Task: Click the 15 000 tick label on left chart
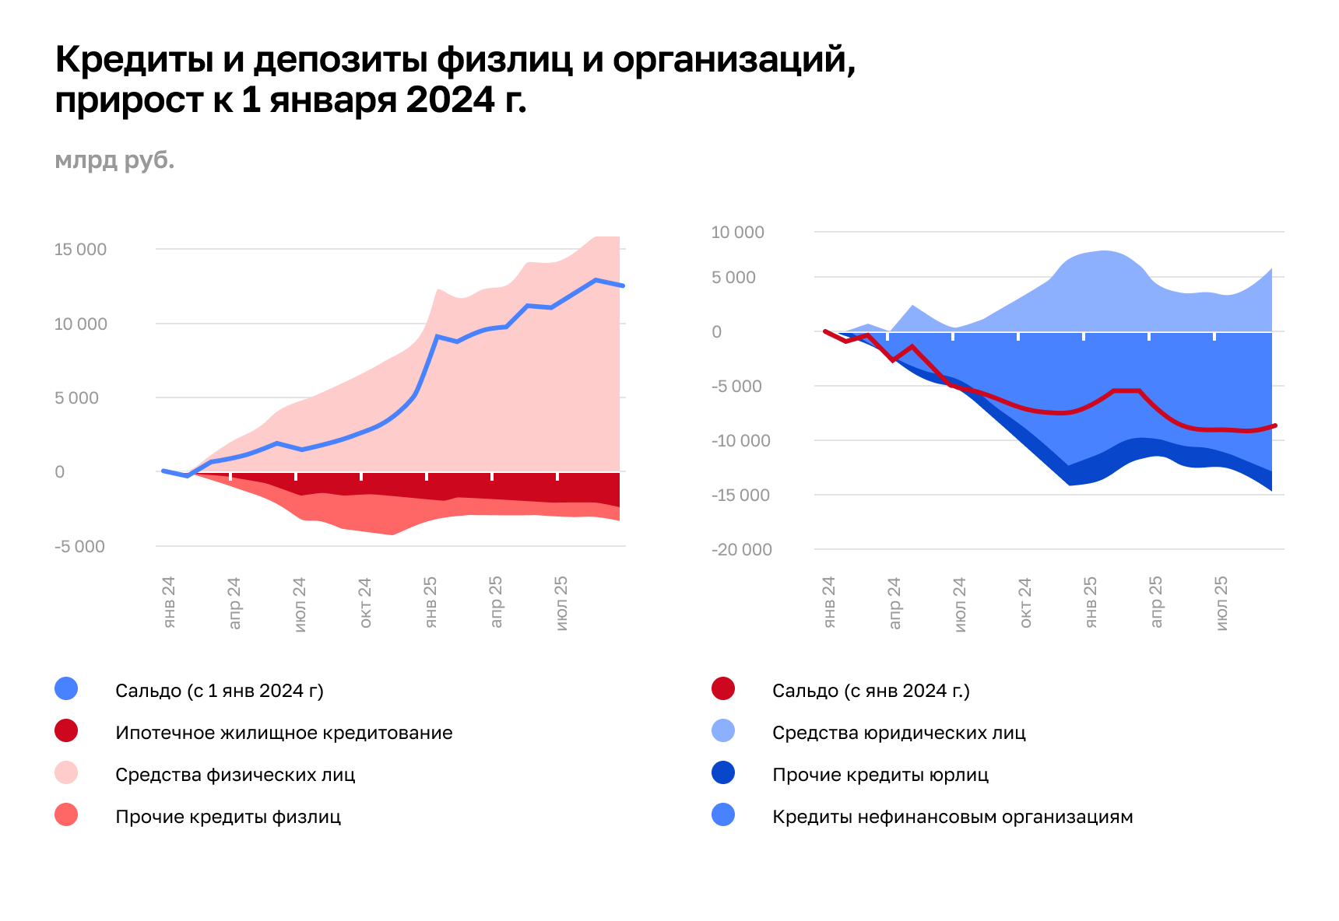pyautogui.click(x=80, y=250)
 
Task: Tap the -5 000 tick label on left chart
pyautogui.click(x=79, y=547)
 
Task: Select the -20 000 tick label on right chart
pyautogui.click(x=741, y=550)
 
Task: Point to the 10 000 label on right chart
pyautogui.click(x=737, y=233)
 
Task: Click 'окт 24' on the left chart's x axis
pyautogui.click(x=365, y=603)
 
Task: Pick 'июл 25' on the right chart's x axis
pyautogui.click(x=1221, y=603)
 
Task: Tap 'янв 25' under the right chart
pyautogui.click(x=1091, y=603)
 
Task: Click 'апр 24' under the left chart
pyautogui.click(x=234, y=603)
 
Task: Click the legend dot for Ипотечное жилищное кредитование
pyautogui.click(x=66, y=731)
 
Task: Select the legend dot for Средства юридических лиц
pyautogui.click(x=723, y=731)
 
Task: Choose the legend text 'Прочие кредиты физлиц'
pyautogui.click(x=228, y=817)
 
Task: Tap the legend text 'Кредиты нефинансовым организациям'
pyautogui.click(x=952, y=817)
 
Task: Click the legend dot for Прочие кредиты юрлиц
pyautogui.click(x=723, y=773)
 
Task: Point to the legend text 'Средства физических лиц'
pyautogui.click(x=235, y=775)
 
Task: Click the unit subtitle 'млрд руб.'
pyautogui.click(x=114, y=160)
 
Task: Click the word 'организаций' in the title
pyautogui.click(x=733, y=61)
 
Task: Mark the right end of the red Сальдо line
pyautogui.click(x=1275, y=425)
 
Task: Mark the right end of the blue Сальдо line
pyautogui.click(x=623, y=285)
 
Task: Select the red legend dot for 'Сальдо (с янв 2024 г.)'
pyautogui.click(x=723, y=689)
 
